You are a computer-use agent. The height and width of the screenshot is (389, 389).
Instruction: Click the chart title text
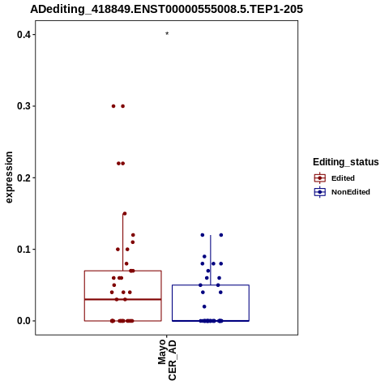(166, 9)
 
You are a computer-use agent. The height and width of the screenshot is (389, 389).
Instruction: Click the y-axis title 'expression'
(9, 177)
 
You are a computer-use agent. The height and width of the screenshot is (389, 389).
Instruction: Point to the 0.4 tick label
(24, 35)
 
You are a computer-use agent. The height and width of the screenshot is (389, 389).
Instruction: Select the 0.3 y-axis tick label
(24, 106)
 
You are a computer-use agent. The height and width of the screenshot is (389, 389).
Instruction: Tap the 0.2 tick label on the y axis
(24, 177)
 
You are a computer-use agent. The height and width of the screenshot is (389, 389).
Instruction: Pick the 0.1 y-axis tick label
(24, 249)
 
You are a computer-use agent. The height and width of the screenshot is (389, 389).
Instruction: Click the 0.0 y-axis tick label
(24, 321)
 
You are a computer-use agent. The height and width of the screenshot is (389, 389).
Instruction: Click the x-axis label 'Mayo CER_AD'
(167, 360)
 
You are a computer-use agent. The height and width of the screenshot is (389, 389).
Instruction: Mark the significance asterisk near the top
(167, 33)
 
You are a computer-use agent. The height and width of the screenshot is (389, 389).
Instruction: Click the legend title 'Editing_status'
(345, 162)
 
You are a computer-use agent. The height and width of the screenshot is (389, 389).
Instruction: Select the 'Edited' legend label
(343, 178)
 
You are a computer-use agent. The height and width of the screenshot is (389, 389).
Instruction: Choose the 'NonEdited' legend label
(351, 192)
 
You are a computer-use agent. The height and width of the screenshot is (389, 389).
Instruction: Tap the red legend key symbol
(320, 178)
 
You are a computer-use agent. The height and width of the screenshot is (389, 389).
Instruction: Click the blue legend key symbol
(320, 192)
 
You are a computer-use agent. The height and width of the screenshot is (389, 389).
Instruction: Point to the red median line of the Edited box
(123, 299)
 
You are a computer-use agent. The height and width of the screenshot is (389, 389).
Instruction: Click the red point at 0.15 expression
(125, 214)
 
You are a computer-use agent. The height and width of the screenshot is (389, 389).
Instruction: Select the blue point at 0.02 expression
(204, 306)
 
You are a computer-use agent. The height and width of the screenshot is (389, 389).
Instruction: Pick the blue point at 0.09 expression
(204, 256)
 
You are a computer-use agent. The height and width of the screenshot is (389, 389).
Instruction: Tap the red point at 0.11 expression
(133, 242)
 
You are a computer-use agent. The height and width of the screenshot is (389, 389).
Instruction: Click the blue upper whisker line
(211, 260)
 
